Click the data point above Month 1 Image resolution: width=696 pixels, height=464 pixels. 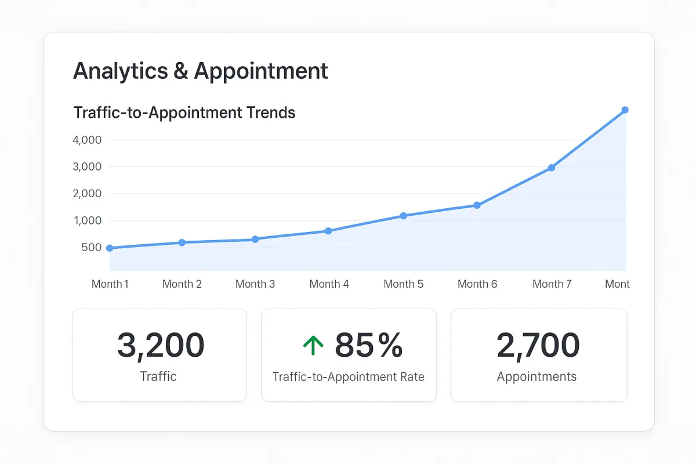[110, 248]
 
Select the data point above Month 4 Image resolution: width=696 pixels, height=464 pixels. [328, 231]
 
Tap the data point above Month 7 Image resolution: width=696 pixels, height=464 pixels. [552, 168]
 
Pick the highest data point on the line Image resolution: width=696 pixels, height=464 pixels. [625, 110]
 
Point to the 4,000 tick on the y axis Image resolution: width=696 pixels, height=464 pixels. [87, 140]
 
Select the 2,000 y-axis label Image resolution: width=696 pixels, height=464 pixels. [87, 194]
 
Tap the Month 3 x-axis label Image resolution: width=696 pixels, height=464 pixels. [255, 284]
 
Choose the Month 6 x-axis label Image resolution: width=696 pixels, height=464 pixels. [477, 284]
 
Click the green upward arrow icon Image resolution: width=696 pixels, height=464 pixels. [313, 346]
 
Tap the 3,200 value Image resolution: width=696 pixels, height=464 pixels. [160, 346]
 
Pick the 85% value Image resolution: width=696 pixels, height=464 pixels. [368, 346]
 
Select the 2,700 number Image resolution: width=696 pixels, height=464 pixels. [538, 346]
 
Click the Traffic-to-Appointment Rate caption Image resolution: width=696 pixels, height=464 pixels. [349, 377]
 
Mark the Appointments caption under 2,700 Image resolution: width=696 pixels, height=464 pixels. [536, 377]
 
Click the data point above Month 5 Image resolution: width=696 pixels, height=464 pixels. [403, 216]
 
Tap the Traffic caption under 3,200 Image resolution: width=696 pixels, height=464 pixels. [158, 377]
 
